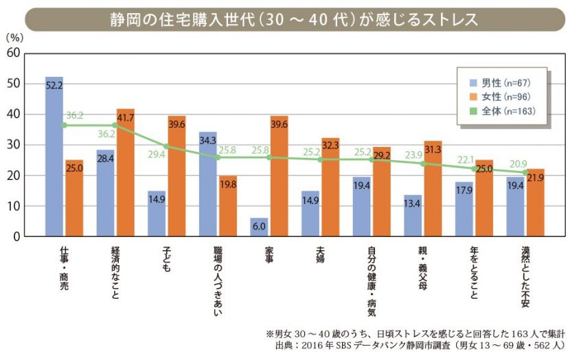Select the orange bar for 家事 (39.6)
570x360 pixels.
coord(279,176)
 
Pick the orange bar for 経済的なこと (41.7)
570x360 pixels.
coord(125,172)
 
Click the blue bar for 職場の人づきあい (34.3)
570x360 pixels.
coord(208,184)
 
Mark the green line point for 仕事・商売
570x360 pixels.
coord(64,125)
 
